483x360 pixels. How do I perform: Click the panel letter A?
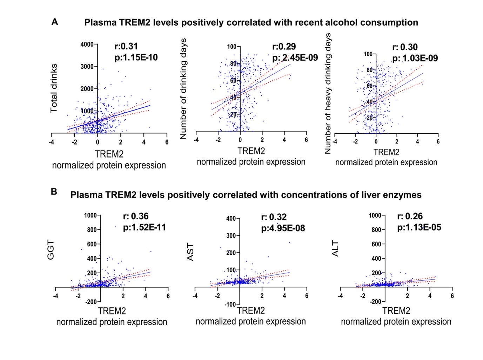tap(55, 22)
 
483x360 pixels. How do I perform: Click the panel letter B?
tap(54, 192)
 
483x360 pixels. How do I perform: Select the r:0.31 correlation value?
tap(126, 46)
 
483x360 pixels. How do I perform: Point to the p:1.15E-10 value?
tap(136, 58)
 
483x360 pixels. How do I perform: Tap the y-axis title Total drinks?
tap(54, 88)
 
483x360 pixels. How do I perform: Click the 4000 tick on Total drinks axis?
tap(87, 45)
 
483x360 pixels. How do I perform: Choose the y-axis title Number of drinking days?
tap(183, 89)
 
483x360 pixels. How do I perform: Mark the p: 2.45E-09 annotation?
tap(295, 58)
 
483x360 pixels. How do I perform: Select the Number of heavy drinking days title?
tap(328, 93)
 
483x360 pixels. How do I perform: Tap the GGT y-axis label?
tap(51, 250)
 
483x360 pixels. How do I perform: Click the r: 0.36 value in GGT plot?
tap(136, 216)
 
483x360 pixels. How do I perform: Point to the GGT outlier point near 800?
tap(116, 227)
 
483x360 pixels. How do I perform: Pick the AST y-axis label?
tap(190, 252)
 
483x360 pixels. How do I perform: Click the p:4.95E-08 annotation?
tap(283, 229)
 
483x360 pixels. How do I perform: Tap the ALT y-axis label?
tap(335, 248)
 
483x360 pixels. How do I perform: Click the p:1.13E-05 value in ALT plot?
tap(419, 228)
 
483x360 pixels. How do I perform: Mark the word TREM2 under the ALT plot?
tap(396, 311)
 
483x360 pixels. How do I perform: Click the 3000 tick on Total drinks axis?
tap(87, 67)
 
